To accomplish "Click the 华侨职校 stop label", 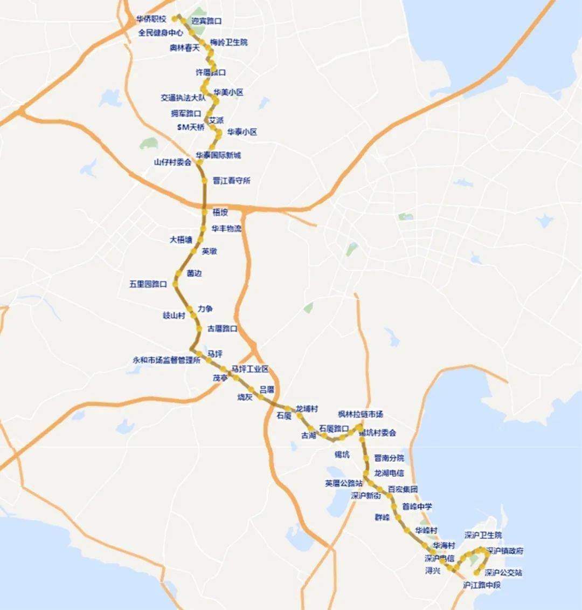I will click(151, 19).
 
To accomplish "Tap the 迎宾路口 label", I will click(207, 21).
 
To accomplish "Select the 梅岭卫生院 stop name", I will click(229, 42).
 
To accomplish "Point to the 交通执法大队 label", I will click(183, 98).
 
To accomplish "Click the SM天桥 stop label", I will click(191, 127).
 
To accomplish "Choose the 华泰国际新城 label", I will click(218, 155).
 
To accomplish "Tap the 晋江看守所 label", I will click(232, 181).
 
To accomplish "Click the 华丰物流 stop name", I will click(226, 229).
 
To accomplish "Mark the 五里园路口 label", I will click(148, 284).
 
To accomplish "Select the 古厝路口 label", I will click(223, 328).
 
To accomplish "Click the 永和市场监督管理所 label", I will click(167, 360).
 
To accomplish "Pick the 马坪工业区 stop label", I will click(250, 369).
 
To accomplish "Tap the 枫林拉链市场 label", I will click(361, 414).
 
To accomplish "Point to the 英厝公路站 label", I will click(344, 483).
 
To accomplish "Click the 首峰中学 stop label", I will click(417, 506).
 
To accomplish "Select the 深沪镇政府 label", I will click(504, 551).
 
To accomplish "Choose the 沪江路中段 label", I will click(482, 585).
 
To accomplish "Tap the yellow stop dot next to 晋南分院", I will click(366, 458).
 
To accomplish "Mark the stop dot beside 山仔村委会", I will click(199, 162).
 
